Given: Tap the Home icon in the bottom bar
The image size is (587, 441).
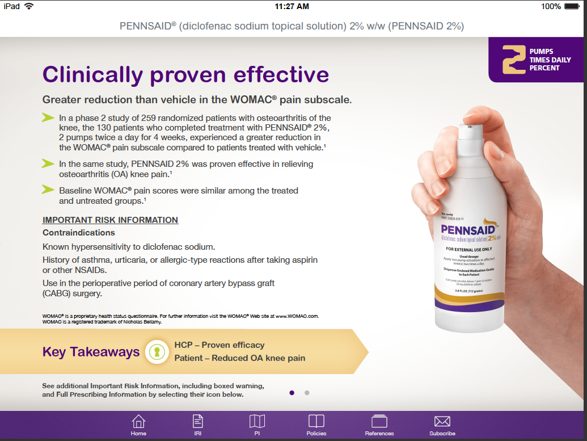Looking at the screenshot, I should (138, 422).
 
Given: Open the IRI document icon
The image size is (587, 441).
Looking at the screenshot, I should (198, 422).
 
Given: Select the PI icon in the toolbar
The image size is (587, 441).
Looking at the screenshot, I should (257, 422).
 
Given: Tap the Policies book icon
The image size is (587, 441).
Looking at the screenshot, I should (316, 422).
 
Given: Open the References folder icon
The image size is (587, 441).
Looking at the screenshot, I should (379, 422).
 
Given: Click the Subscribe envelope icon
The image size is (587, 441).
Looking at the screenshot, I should (442, 422).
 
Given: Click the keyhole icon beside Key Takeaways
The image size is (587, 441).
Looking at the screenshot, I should (156, 352).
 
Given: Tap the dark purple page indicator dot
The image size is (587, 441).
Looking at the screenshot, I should (292, 392).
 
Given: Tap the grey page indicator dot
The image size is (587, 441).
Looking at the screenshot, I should (307, 392).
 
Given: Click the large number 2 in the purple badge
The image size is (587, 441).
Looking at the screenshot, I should (514, 60).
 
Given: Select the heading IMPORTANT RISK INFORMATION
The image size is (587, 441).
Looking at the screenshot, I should (110, 220).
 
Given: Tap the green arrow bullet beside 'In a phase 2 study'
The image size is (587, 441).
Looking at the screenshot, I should (48, 118).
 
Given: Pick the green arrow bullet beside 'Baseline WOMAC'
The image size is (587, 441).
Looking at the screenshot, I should (48, 190).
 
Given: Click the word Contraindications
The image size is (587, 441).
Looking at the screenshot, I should (79, 233).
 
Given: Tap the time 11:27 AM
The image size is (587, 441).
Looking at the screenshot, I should (292, 6).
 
